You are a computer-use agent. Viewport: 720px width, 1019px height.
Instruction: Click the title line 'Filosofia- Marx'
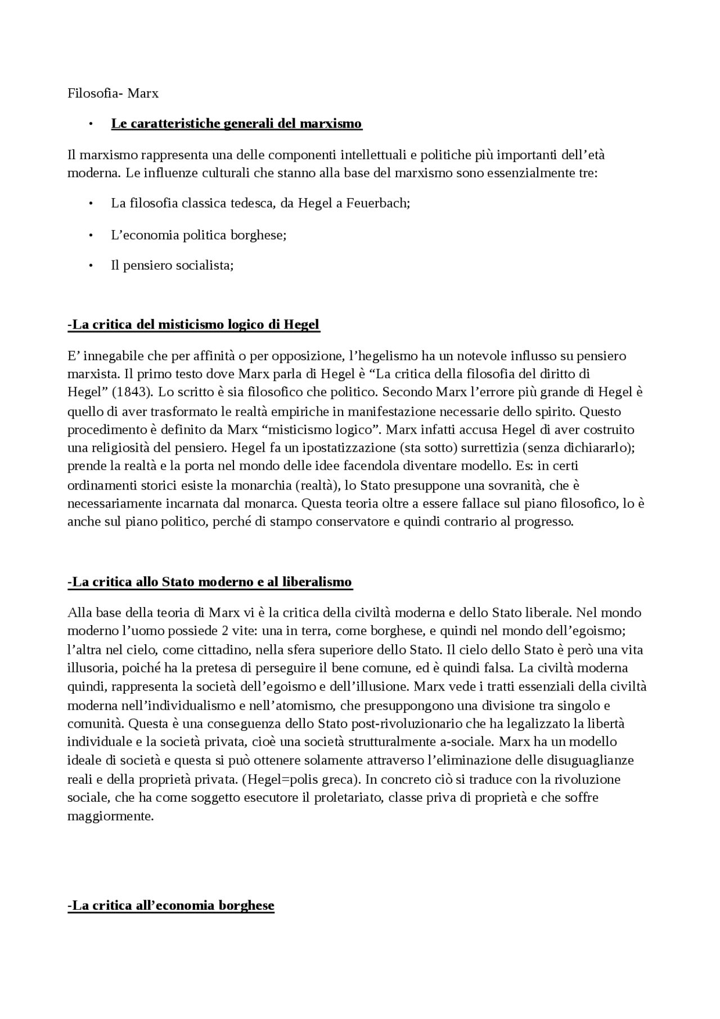[112, 93]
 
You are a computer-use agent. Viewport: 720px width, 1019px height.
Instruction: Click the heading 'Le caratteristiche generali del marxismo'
[236, 124]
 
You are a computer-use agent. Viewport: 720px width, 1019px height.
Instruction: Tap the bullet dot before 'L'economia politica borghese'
[90, 235]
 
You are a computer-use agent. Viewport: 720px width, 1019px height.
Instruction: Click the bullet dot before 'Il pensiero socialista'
[90, 266]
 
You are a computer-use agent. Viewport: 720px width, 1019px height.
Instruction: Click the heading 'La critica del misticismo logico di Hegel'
[193, 325]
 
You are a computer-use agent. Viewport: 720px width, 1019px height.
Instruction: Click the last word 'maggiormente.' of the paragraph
[110, 816]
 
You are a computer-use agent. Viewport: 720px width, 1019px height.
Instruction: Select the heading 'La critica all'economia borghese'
[171, 906]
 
